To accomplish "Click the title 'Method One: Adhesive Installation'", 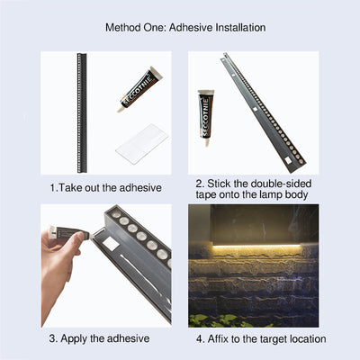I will pyautogui.click(x=184, y=27).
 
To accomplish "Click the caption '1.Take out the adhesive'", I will pyautogui.click(x=105, y=187).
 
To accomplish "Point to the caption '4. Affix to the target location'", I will pyautogui.click(x=261, y=338).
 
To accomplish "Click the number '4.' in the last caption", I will pyautogui.click(x=201, y=338).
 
